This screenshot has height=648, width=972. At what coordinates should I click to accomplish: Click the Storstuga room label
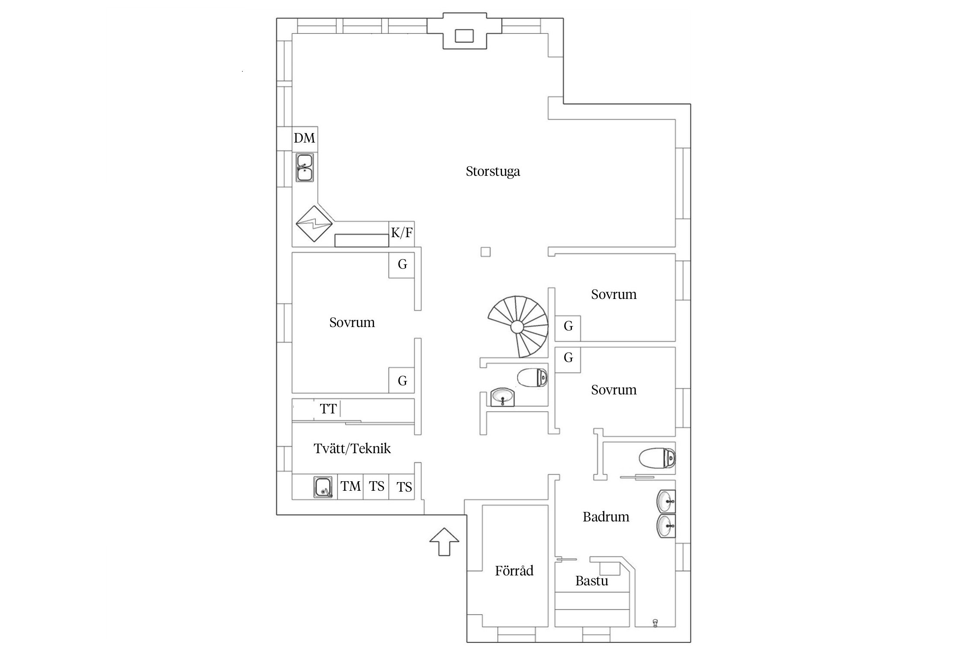(492, 172)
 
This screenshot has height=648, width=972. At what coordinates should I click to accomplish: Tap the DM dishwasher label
(305, 138)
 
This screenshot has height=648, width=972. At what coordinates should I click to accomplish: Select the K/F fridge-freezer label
(402, 233)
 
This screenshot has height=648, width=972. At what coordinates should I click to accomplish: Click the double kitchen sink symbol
(305, 168)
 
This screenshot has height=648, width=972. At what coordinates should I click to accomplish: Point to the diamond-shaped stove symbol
(314, 224)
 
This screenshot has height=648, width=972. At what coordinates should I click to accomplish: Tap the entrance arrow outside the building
(444, 541)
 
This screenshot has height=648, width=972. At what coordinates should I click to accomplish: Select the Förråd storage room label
(514, 571)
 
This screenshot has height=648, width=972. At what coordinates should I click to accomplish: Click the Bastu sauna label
(591, 581)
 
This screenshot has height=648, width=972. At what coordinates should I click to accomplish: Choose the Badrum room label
(606, 517)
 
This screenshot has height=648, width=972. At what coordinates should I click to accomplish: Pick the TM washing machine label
(350, 486)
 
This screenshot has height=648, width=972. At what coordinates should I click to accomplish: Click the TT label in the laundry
(328, 409)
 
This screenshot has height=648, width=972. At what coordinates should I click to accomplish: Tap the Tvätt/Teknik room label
(352, 449)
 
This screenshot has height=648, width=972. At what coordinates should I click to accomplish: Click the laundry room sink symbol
(323, 487)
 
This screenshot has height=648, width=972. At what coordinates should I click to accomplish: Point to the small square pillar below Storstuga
(486, 252)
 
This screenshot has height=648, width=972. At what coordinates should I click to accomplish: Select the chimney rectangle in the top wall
(464, 36)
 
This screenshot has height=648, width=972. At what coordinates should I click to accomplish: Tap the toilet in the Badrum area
(657, 458)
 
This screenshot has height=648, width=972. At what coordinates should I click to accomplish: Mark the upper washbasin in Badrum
(666, 502)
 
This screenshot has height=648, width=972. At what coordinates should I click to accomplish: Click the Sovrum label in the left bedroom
(352, 323)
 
